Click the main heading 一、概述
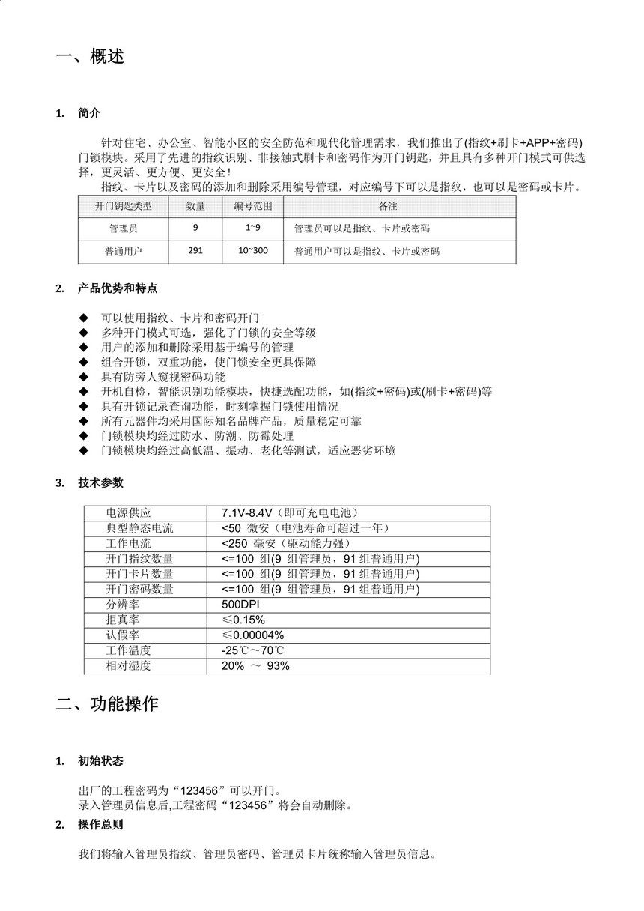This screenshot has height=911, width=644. pos(90,57)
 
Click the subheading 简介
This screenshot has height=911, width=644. pos(88,113)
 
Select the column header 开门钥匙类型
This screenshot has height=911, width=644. pos(124,205)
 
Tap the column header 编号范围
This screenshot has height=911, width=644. pos(252,205)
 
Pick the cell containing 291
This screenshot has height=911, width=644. pos(195,251)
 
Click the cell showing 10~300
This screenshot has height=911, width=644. pos(252,251)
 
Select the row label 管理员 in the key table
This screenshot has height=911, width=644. pos(124,228)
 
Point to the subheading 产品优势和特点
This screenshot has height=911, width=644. pos(117,288)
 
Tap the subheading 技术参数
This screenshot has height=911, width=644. pos(100,482)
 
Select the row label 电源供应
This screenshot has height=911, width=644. pos(129,513)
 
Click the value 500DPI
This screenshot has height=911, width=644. pos(240,605)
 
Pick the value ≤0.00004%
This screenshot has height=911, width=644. pos(252,635)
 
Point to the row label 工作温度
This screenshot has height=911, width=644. pos(129,650)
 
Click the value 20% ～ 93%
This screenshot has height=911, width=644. pos(255,666)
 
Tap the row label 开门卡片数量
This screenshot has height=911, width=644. pos(140,574)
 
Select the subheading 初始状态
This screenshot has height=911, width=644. pos(100,760)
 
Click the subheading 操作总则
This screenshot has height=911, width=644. pos(100,825)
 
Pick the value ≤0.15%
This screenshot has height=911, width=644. pos(243,620)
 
